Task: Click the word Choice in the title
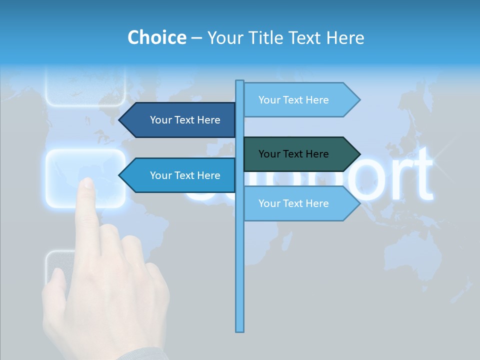tap(156, 37)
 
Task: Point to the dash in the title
tap(197, 38)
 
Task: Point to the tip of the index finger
tap(88, 183)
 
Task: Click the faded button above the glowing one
tap(85, 87)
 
